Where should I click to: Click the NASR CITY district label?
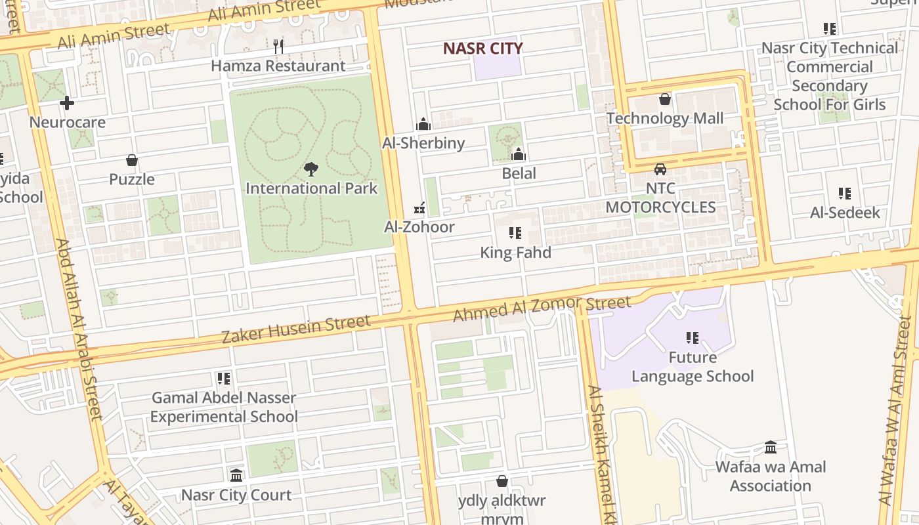pos(482,49)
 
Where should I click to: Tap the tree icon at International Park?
pos(311,169)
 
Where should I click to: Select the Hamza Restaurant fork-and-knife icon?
pos(278,46)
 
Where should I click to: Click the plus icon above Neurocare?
pos(67,103)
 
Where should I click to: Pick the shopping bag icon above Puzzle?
pos(132,160)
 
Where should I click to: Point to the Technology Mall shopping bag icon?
pos(665,99)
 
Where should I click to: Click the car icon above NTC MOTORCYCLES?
pos(660,169)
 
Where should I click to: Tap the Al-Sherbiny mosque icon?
pos(423,124)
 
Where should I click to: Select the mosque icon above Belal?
pos(519,154)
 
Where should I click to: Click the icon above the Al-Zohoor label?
pos(419,208)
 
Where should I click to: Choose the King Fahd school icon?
pos(515,233)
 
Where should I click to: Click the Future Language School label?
pos(693,367)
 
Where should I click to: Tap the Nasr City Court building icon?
pos(236,475)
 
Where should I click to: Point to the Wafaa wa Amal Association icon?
pos(771,448)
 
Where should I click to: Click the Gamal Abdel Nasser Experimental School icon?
pos(224,379)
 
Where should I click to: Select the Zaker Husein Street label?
pos(296,329)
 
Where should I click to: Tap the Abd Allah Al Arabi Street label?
pos(78,328)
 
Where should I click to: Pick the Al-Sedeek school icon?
pos(845,194)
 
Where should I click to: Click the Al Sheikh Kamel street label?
pos(603,453)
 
